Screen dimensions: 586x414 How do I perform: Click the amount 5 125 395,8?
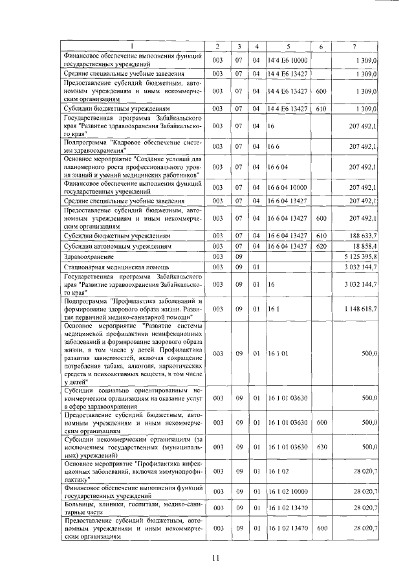362,257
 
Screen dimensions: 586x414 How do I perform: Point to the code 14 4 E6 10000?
289,61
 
